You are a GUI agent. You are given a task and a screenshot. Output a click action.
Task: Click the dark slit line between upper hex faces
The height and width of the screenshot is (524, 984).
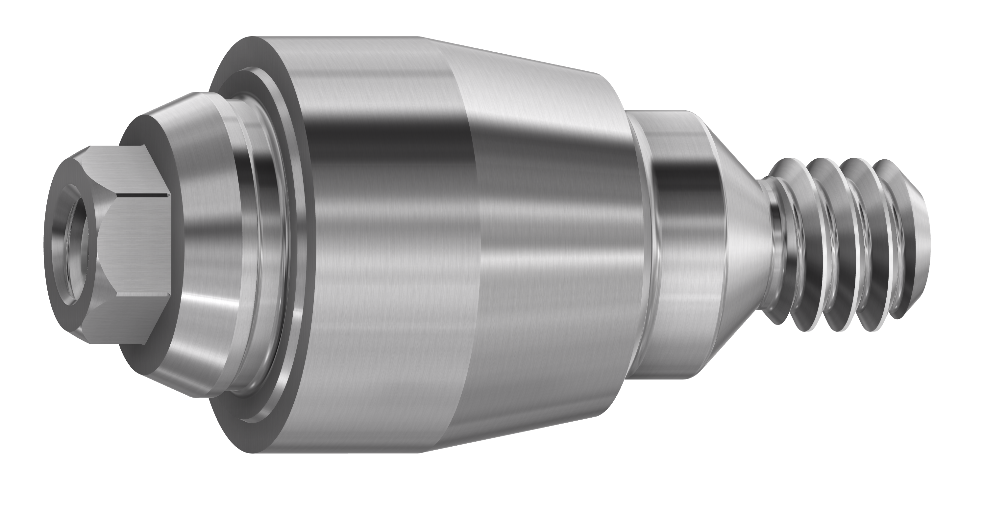click(143, 196)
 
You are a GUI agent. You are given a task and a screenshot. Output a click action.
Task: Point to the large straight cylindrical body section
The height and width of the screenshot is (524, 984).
click(382, 245)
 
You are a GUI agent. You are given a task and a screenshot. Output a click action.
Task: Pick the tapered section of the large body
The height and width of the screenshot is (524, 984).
click(554, 245)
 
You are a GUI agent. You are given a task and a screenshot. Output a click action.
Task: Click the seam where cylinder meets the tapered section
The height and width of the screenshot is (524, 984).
click(474, 245)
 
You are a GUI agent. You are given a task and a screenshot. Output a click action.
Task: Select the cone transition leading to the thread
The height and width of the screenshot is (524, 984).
click(741, 245)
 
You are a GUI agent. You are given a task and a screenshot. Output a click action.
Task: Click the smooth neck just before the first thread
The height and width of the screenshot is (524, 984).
click(768, 245)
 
